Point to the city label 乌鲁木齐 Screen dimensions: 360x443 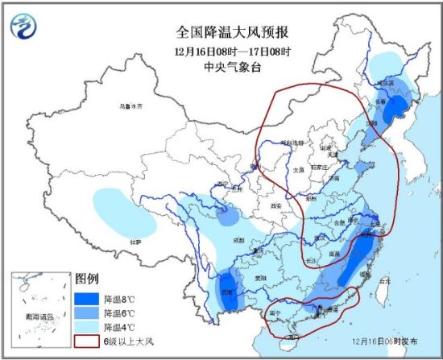[129, 106]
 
